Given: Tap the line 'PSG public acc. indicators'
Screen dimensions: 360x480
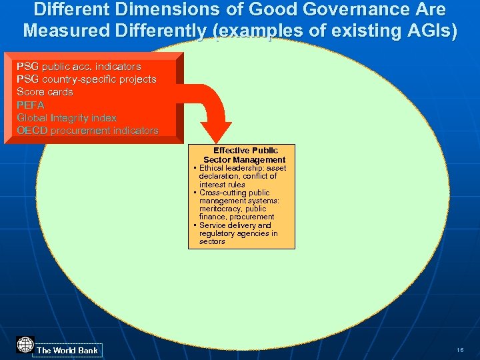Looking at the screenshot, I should [79, 67].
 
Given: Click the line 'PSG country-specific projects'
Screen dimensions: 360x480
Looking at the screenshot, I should [87, 79].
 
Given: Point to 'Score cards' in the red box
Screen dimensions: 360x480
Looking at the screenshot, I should [45, 92].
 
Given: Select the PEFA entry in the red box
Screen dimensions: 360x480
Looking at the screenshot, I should [31, 105].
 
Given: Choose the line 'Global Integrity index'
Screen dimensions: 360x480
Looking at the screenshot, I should [67, 117].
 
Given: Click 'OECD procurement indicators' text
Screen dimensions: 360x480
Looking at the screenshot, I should [87, 131].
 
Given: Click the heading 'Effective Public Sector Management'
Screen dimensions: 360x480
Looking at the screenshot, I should [245, 155].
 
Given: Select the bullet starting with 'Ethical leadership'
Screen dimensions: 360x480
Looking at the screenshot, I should [242, 176].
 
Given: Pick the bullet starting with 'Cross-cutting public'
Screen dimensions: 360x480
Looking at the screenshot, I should [239, 205].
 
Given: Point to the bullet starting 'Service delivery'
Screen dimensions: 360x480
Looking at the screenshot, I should [238, 233].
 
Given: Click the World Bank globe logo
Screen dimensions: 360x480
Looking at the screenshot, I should [25, 345].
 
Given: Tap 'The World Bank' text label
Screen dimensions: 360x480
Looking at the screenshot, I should [67, 350].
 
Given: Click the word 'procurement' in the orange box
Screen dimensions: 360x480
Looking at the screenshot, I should [252, 217].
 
